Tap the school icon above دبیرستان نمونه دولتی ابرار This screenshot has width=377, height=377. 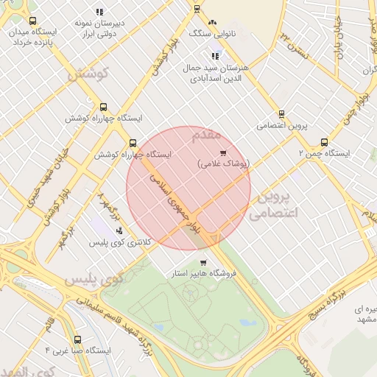pyautogui.click(x=99, y=12)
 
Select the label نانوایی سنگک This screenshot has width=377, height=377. pyautogui.click(x=213, y=34)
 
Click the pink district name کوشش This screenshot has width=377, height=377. pyautogui.click(x=88, y=74)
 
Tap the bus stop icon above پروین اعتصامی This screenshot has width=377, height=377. pyautogui.click(x=281, y=114)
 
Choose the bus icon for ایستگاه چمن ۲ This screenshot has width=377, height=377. pyautogui.click(x=324, y=143)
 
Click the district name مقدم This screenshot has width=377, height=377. pyautogui.click(x=206, y=135)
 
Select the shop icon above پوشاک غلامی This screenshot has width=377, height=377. pyautogui.click(x=223, y=152)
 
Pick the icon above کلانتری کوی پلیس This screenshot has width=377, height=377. pyautogui.click(x=119, y=230)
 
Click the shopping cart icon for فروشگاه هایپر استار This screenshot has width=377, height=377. pyautogui.click(x=203, y=263)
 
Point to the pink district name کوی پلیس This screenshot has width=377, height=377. pyautogui.click(x=92, y=281)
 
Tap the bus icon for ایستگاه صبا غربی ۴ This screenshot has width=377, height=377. pyautogui.click(x=78, y=339)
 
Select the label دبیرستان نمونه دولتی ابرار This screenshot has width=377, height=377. pyautogui.click(x=99, y=28)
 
